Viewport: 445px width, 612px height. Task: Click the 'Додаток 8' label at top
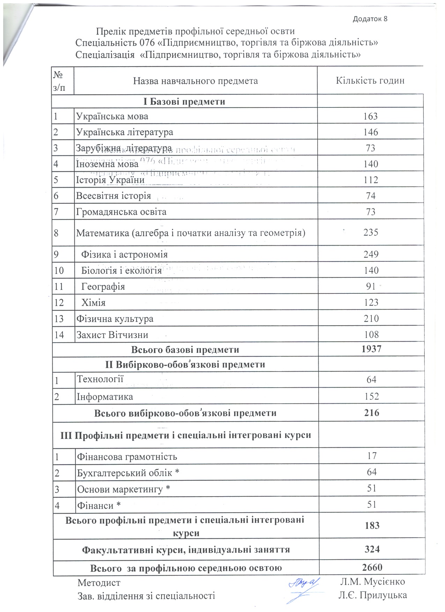tap(370, 19)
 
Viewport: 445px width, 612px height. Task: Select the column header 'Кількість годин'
tap(370, 81)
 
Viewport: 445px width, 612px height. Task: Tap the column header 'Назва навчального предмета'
tap(195, 81)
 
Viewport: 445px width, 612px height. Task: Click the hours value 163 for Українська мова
tap(370, 116)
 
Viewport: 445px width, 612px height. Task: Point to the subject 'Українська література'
tap(125, 132)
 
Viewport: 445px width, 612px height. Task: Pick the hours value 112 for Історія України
tap(370, 180)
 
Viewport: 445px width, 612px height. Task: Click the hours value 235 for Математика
tap(370, 232)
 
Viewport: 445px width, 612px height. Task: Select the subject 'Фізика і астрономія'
tap(124, 254)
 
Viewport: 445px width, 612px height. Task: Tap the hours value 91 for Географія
tap(370, 286)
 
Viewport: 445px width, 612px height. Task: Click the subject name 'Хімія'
tap(93, 303)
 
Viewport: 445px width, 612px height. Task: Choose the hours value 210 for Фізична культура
tap(371, 318)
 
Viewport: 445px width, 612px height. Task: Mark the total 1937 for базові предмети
tap(371, 349)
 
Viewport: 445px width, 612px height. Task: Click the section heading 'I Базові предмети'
tap(184, 102)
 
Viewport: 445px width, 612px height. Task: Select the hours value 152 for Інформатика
tap(371, 396)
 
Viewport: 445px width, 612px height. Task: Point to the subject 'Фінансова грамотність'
tap(127, 457)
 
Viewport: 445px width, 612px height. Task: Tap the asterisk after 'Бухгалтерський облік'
tap(177, 472)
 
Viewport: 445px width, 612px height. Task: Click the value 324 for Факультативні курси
tap(372, 549)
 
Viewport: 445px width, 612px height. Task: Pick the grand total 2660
tap(372, 567)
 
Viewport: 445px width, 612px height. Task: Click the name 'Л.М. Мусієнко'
tap(372, 582)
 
